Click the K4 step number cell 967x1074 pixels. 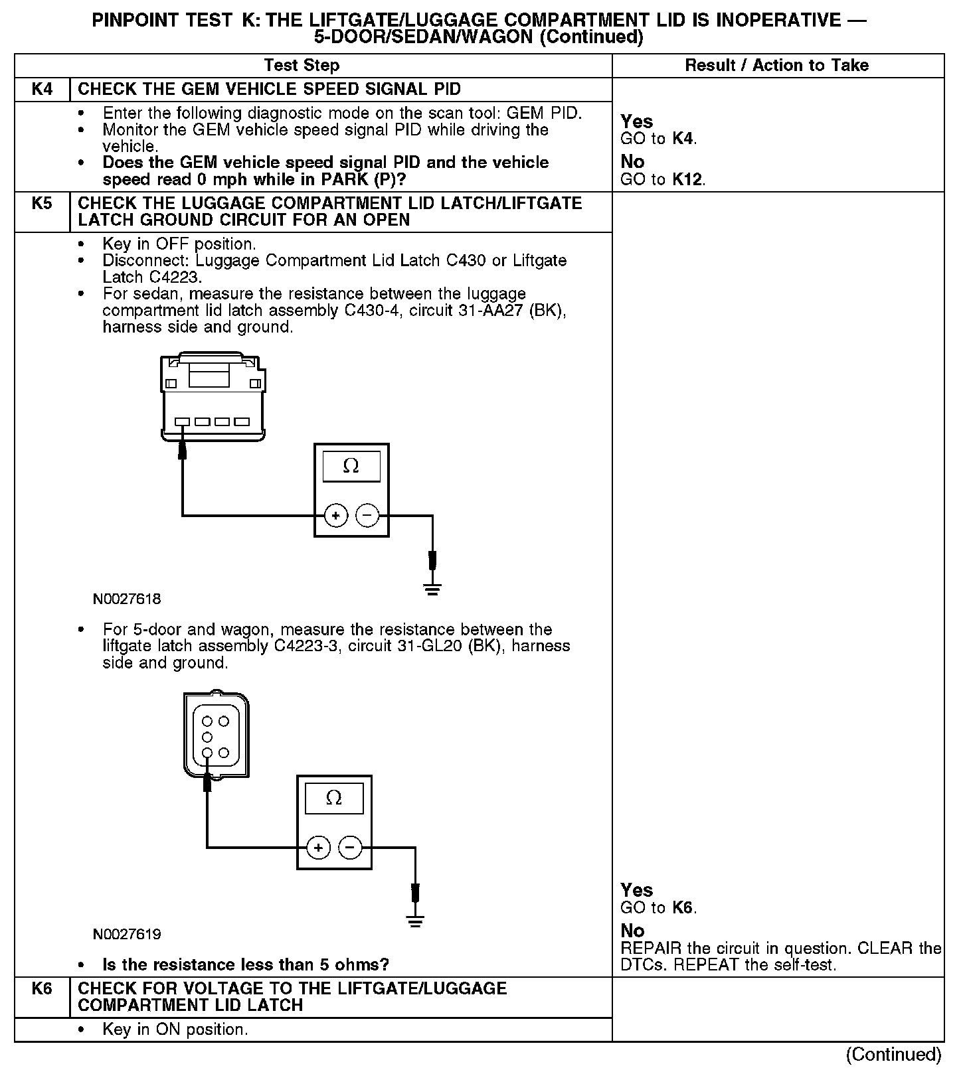click(x=42, y=90)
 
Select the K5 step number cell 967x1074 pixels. click(x=42, y=203)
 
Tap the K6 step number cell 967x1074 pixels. click(x=42, y=988)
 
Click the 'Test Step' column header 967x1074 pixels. click(x=302, y=65)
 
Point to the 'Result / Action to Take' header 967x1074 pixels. click(x=776, y=65)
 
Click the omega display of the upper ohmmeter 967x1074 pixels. click(x=351, y=467)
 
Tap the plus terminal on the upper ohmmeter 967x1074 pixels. click(x=336, y=516)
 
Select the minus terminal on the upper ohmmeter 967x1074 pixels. click(x=367, y=516)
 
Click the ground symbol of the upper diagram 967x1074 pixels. click(x=432, y=588)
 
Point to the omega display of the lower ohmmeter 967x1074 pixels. click(x=334, y=798)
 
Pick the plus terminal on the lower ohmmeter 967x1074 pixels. click(x=319, y=848)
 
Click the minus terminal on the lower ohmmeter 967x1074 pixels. click(x=350, y=848)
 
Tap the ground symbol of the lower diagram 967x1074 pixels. click(x=415, y=920)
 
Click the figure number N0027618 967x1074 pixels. click(x=127, y=599)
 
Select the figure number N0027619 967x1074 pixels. click(x=127, y=934)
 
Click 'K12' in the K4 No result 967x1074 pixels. click(x=688, y=179)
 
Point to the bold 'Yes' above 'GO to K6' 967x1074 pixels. click(x=636, y=889)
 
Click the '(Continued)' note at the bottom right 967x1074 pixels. click(x=893, y=1054)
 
